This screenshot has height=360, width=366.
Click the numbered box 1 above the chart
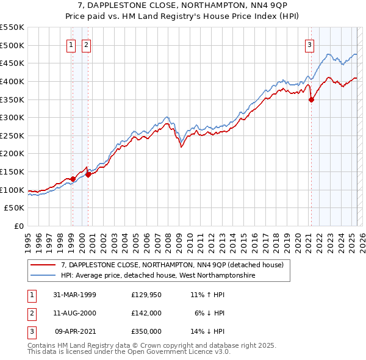point(71,44)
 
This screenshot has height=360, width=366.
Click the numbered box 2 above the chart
point(86,44)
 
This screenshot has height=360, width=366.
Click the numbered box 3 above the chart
point(310,44)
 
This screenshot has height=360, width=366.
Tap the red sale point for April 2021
point(311,99)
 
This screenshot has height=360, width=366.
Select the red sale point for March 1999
point(73,179)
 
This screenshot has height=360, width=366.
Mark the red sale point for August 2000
point(88,175)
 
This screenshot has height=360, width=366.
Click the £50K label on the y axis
point(15,208)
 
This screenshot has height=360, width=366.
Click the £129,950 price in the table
point(146,295)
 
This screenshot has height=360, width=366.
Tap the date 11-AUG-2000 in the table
point(74,313)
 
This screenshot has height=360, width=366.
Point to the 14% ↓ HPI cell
point(208,331)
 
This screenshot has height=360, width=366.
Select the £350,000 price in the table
point(146,331)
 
